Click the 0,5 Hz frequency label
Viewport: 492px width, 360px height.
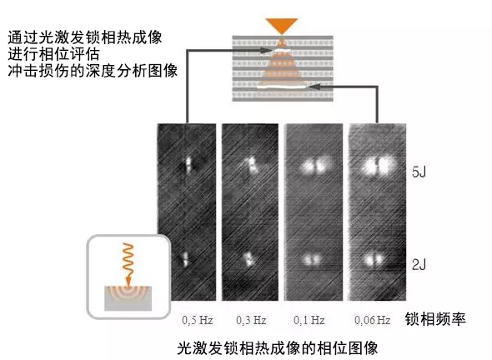click(198, 320)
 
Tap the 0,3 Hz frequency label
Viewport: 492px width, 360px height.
click(251, 320)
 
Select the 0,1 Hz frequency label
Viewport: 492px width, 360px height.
click(309, 320)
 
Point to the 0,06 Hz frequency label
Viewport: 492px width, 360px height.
click(373, 320)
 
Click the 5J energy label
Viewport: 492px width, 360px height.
click(419, 172)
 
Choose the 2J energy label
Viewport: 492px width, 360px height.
click(419, 265)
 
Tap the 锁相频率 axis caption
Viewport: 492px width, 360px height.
click(435, 319)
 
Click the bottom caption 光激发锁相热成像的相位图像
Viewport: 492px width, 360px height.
click(278, 348)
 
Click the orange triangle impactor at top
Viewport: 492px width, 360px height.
click(282, 26)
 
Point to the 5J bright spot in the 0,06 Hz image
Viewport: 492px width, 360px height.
click(379, 165)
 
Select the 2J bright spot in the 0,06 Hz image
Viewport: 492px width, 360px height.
click(374, 260)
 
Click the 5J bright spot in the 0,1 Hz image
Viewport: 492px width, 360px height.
click(316, 166)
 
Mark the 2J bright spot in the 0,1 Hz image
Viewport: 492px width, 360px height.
click(313, 260)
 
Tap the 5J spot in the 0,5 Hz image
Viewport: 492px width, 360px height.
click(188, 165)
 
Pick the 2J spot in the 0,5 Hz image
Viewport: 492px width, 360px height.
click(185, 259)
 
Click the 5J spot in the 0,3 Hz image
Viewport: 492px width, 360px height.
click(253, 166)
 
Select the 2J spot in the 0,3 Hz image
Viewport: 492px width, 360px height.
click(249, 259)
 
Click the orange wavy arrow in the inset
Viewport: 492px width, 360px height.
click(128, 264)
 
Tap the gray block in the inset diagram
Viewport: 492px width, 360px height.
click(128, 298)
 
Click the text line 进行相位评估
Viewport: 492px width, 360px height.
click(53, 54)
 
